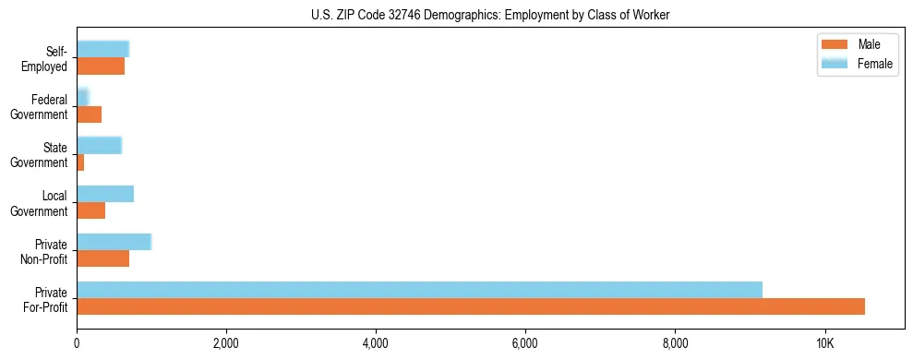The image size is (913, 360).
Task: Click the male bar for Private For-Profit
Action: [471, 306]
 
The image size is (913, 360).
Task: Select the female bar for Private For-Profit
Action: [419, 290]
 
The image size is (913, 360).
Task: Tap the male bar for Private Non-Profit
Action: [102, 258]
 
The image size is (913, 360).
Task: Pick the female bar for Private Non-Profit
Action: [114, 242]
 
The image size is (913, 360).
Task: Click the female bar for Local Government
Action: [105, 194]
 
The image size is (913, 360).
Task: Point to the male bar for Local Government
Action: [90, 210]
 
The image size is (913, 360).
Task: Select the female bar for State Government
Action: [99, 146]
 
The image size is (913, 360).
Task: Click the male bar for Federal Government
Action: [89, 114]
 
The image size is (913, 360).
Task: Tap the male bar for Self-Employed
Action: [101, 66]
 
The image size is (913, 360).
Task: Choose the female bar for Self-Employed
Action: [102, 49]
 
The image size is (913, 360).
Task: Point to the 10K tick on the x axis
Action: [824, 344]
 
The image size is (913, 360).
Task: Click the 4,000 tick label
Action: [376, 344]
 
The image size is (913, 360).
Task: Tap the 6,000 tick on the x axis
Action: [525, 344]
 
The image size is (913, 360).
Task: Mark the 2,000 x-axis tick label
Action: [226, 344]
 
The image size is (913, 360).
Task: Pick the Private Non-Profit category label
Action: [45, 250]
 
